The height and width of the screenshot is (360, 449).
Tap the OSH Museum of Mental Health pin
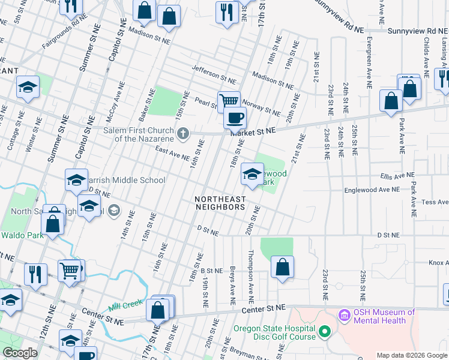(344, 314)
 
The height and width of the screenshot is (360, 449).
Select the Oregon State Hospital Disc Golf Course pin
(324, 331)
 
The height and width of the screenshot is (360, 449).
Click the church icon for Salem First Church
(186, 133)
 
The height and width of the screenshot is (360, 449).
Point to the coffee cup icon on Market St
(235, 118)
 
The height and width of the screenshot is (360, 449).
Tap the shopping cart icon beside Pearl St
(229, 101)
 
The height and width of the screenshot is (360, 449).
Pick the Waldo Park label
(22, 235)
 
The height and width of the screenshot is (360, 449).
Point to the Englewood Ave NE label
(372, 190)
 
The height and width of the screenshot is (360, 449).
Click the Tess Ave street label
(435, 202)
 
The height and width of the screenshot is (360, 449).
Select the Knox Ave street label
(438, 263)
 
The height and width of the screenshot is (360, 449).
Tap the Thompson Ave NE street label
(250, 269)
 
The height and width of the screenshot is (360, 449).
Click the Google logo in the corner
(20, 352)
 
